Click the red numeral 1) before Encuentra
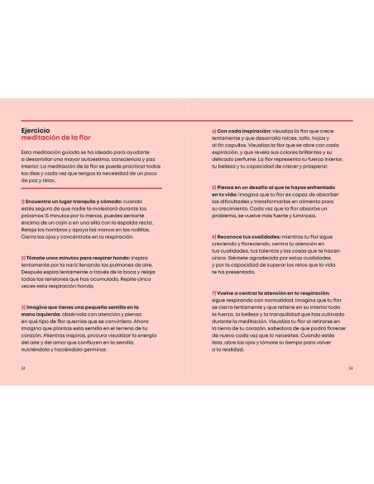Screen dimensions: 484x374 (x=23, y=201)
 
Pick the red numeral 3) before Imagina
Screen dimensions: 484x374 (x=23, y=307)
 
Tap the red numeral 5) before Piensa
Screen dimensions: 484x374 (x=213, y=187)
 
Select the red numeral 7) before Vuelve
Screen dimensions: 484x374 (x=213, y=293)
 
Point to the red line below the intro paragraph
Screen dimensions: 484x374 (x=91, y=187)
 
